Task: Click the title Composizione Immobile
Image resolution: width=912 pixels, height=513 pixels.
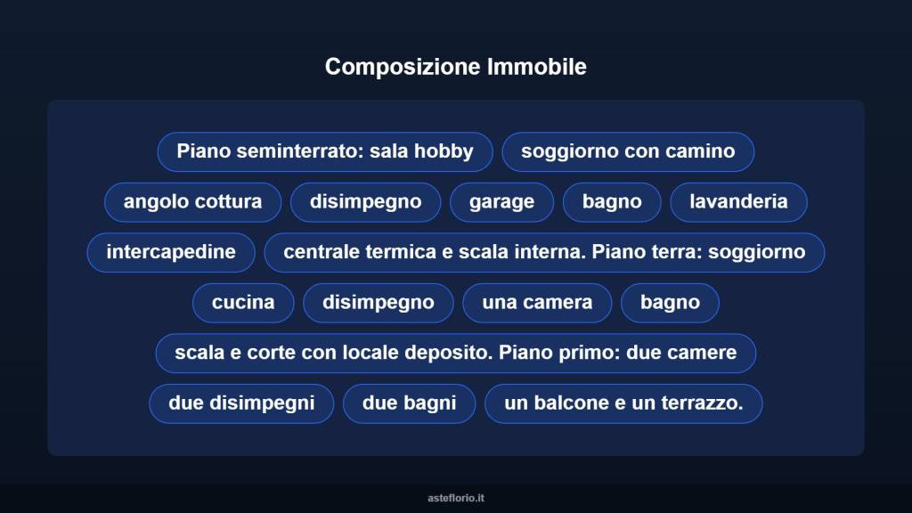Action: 455,67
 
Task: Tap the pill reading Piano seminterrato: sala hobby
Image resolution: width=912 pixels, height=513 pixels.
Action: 325,151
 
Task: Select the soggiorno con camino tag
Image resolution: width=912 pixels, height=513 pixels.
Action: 628,151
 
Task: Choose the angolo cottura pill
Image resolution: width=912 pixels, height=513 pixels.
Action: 192,201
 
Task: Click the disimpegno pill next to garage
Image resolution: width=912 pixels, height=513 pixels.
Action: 365,201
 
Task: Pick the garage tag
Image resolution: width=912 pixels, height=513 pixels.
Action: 501,201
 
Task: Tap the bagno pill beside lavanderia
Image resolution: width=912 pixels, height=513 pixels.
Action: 612,201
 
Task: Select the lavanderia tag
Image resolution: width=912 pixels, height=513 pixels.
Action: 738,201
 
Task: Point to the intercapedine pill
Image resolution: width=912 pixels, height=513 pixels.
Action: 171,252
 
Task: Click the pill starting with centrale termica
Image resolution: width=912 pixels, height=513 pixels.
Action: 544,252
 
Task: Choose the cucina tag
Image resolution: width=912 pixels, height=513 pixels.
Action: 243,303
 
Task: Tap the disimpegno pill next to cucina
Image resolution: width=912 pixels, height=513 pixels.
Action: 379,303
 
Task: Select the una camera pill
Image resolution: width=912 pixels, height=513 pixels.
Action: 537,303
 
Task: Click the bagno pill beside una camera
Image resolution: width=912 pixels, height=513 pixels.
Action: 670,303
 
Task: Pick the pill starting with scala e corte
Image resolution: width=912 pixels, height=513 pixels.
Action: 456,353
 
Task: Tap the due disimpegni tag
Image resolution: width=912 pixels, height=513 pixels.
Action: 241,403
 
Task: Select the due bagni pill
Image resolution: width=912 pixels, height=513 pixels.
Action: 409,403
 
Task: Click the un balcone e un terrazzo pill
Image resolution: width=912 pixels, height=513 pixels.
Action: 623,403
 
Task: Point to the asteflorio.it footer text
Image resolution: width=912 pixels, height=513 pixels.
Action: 456,498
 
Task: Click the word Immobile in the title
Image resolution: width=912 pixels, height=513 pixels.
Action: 537,67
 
